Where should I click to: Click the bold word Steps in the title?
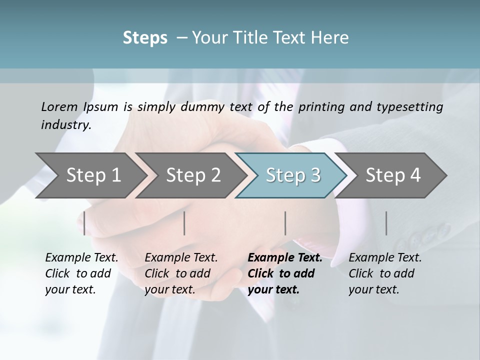pos(145,38)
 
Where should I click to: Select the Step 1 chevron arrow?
pos(90,175)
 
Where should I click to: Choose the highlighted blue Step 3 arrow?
pos(292,175)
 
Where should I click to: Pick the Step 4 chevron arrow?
pos(392,175)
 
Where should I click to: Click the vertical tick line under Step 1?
pos(84,223)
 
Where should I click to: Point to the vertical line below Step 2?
pos(184,223)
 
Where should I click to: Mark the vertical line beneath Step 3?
pos(285,223)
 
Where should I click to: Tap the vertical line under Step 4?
pos(386,223)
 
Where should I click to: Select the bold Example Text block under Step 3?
pos(285,273)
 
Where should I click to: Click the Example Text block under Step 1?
pos(81,273)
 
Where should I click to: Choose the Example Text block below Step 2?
pos(181,273)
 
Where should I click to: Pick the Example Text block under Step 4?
pos(385,273)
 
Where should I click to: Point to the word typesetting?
pos(413,107)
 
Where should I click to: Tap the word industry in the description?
pos(65,125)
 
